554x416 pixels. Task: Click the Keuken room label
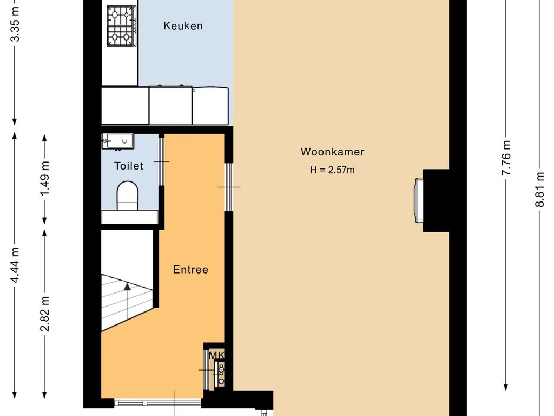click(183, 26)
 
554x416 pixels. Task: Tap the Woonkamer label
click(333, 152)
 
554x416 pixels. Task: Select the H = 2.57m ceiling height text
click(332, 170)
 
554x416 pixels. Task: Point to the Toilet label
click(129, 166)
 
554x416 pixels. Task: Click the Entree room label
click(190, 270)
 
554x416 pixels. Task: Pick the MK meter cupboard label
click(216, 355)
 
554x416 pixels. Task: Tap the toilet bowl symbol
click(127, 196)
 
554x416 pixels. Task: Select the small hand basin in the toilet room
click(118, 141)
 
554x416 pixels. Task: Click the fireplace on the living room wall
click(419, 200)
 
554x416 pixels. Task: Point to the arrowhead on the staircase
click(127, 286)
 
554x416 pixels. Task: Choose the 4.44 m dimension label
click(15, 265)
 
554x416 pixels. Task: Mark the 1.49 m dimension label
click(44, 179)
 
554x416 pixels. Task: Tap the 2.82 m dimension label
click(44, 314)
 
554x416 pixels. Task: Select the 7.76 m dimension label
click(506, 158)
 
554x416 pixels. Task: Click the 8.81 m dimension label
click(539, 189)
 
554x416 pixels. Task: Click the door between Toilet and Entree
click(161, 161)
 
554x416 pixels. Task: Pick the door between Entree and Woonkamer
click(229, 187)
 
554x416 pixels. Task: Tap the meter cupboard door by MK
click(206, 370)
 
